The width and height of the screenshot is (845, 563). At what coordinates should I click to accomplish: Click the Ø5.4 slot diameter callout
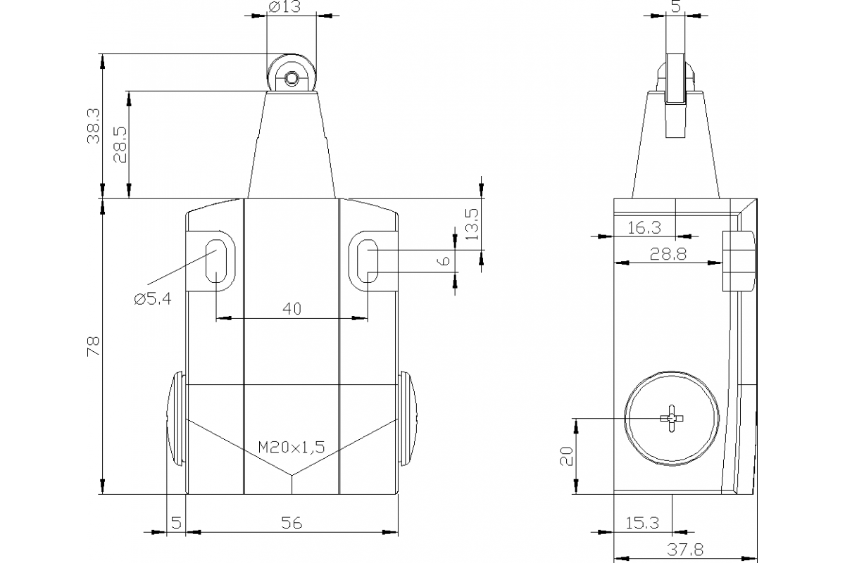151,298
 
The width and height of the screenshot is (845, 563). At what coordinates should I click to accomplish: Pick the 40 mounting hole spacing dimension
292,309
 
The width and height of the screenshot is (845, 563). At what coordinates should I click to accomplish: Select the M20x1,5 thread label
291,446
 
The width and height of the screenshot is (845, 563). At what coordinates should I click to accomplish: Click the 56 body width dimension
292,522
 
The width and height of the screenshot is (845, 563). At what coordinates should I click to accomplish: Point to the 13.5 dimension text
472,224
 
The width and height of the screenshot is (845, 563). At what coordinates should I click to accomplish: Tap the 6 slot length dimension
444,260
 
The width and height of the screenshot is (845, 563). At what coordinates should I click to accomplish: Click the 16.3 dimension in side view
644,227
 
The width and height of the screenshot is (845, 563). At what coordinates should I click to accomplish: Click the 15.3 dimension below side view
641,522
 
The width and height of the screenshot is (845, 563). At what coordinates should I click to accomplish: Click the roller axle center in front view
290,78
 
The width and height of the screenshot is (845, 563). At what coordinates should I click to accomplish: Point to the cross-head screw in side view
672,419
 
